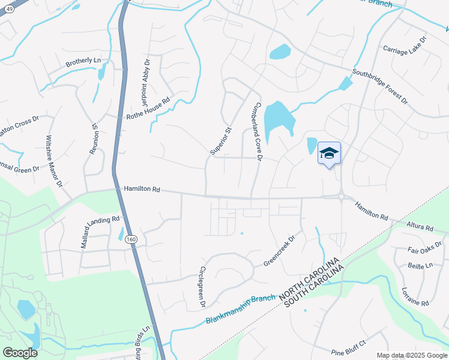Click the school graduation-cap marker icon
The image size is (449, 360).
[x=329, y=153]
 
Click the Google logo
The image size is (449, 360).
[x=20, y=352]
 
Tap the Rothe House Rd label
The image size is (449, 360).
[x=148, y=107]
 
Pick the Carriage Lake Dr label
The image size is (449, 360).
[x=405, y=47]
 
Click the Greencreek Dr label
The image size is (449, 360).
[x=280, y=251]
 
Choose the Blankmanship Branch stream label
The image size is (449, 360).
[x=240, y=308]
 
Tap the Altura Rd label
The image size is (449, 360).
[x=420, y=227]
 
